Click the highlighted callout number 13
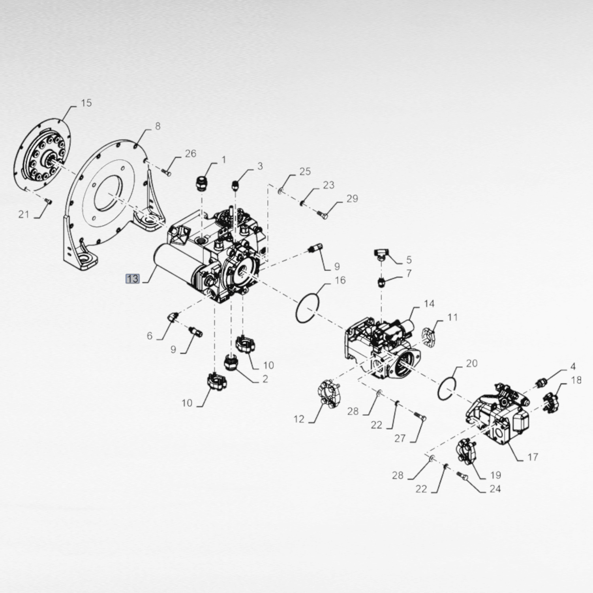coord(133,279)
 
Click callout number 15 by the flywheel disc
coord(86,103)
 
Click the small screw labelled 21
coord(48,201)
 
